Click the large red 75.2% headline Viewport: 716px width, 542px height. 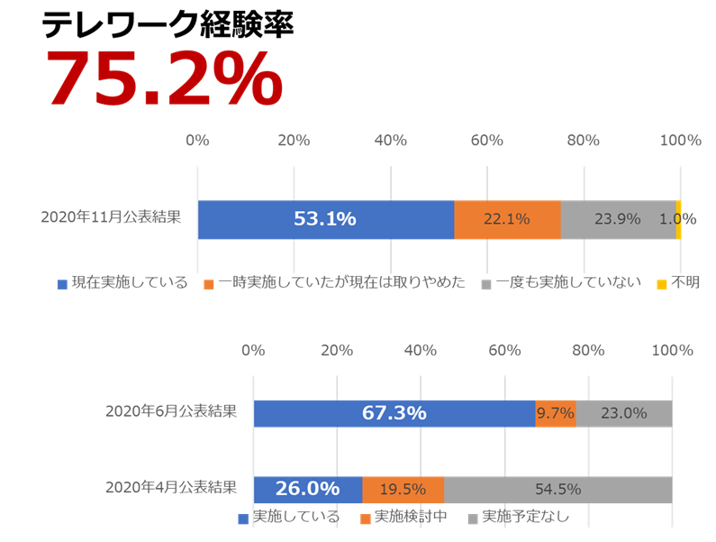tap(163, 79)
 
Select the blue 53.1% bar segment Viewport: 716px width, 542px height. tap(325, 219)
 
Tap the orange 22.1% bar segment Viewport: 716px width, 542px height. tap(507, 219)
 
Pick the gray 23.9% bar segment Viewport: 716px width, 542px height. tap(618, 219)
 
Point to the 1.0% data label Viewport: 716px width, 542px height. tap(677, 219)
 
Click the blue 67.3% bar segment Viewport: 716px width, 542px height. tap(394, 413)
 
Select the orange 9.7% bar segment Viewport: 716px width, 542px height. tap(555, 413)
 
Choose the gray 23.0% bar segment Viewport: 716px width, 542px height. tap(623, 413)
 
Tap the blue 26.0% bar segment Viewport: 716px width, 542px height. tap(307, 490)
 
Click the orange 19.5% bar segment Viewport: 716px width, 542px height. tap(403, 490)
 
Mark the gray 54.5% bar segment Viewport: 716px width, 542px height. tap(557, 490)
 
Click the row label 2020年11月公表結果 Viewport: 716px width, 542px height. tap(111, 217)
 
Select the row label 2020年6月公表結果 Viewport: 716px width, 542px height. tap(171, 411)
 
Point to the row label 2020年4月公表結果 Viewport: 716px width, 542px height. tap(171, 488)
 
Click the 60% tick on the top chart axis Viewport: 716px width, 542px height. tap(486, 141)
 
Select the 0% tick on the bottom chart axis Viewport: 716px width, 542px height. tap(253, 350)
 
